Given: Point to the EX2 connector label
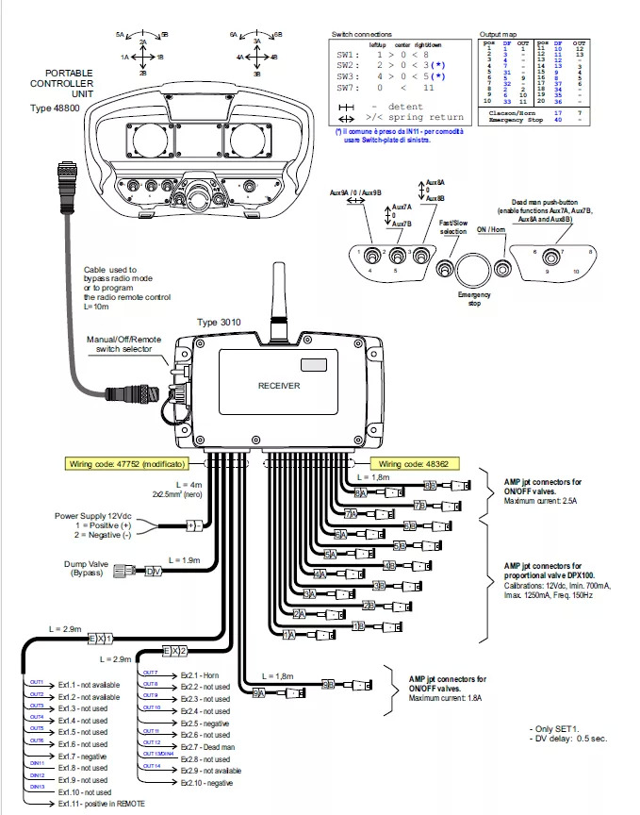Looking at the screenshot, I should pyautogui.click(x=174, y=651).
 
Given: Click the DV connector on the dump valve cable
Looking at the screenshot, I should pyautogui.click(x=152, y=571).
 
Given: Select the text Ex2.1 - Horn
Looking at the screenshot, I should pyautogui.click(x=199, y=675).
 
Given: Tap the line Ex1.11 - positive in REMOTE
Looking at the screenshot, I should pyautogui.click(x=101, y=804).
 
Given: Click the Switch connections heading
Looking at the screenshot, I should pyautogui.click(x=361, y=34).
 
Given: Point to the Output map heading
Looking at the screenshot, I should pyautogui.click(x=499, y=34).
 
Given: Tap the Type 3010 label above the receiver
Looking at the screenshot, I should pyautogui.click(x=220, y=323).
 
